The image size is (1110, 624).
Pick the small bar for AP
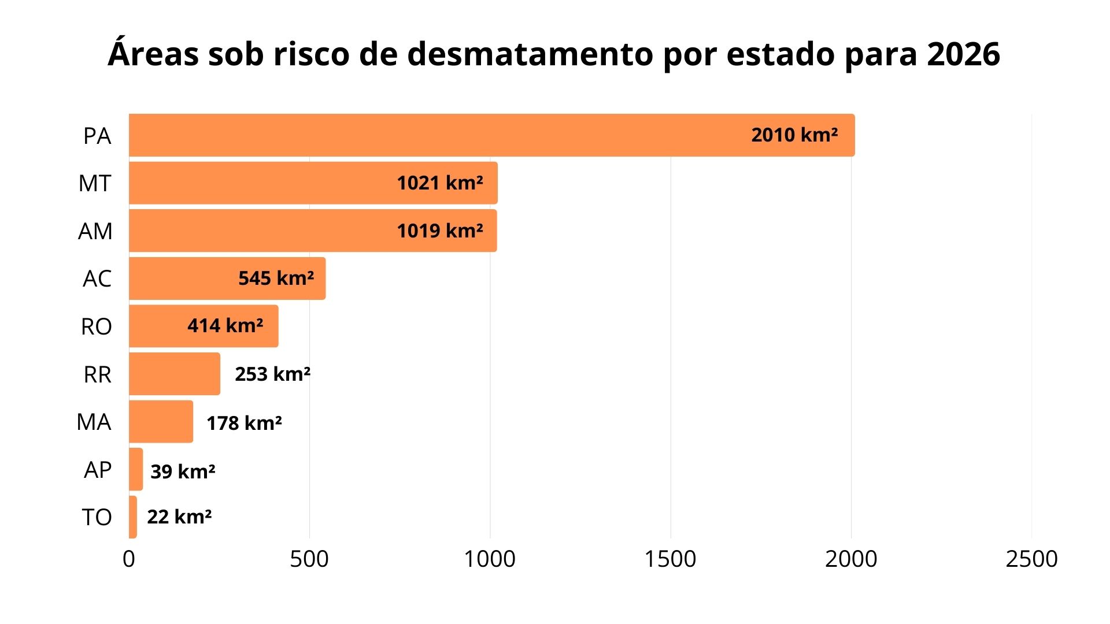pyautogui.click(x=136, y=469)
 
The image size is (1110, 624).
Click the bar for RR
pyautogui.click(x=174, y=374)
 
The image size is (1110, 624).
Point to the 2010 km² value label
pyautogui.click(x=794, y=135)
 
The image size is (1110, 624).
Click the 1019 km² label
pyautogui.click(x=439, y=231)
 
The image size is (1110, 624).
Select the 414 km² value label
pyautogui.click(x=225, y=326)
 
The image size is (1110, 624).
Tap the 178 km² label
pyautogui.click(x=244, y=423)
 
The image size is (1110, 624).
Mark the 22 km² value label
pyautogui.click(x=179, y=517)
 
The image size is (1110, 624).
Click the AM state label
pyautogui.click(x=95, y=231)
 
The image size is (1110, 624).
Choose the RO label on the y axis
pyautogui.click(x=96, y=327)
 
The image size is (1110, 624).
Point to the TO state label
pyautogui.click(x=97, y=517)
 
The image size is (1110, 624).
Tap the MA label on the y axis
pyautogui.click(x=94, y=422)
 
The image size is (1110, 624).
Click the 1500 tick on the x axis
pyautogui.click(x=670, y=559)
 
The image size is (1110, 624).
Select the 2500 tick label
pyautogui.click(x=1031, y=559)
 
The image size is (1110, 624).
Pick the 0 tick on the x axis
pyautogui.click(x=129, y=559)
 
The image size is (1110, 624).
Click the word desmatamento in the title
pyautogui.click(x=531, y=54)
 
